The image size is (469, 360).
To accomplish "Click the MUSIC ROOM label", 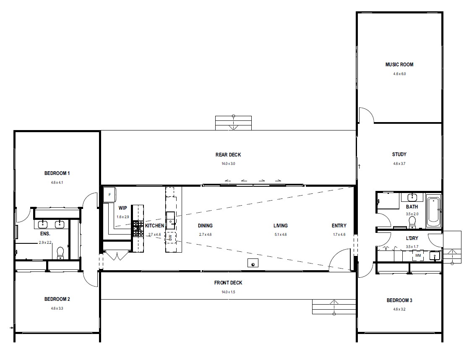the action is point(399,64).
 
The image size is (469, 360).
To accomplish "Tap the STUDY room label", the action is point(399,154).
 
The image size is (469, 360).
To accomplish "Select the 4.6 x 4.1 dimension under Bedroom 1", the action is point(57,182).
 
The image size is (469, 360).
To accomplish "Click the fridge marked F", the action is point(110,195).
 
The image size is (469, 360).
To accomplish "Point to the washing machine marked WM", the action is point(418,256).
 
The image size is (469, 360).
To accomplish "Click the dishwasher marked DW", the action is point(170,237).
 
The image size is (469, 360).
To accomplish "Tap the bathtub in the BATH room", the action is point(433,211).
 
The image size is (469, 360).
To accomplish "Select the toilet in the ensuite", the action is point(60,253).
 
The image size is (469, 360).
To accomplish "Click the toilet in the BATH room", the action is point(412,222).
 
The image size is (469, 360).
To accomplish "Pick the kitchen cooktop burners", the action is point(138,229).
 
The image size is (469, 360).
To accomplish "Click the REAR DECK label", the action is point(228,155).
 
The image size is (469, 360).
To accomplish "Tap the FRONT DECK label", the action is point(228,283).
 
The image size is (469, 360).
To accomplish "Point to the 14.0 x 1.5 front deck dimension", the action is point(228,292).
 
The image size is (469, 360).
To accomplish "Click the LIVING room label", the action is point(281,226).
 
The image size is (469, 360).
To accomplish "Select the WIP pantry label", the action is point(122,208).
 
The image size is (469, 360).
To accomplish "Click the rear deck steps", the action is point(233,123).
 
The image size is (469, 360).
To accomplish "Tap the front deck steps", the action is point(334,307).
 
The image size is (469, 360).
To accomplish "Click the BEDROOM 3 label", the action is point(399,300).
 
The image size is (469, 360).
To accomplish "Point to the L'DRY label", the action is point(412,238).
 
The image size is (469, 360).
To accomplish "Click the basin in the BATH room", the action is point(412,197).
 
